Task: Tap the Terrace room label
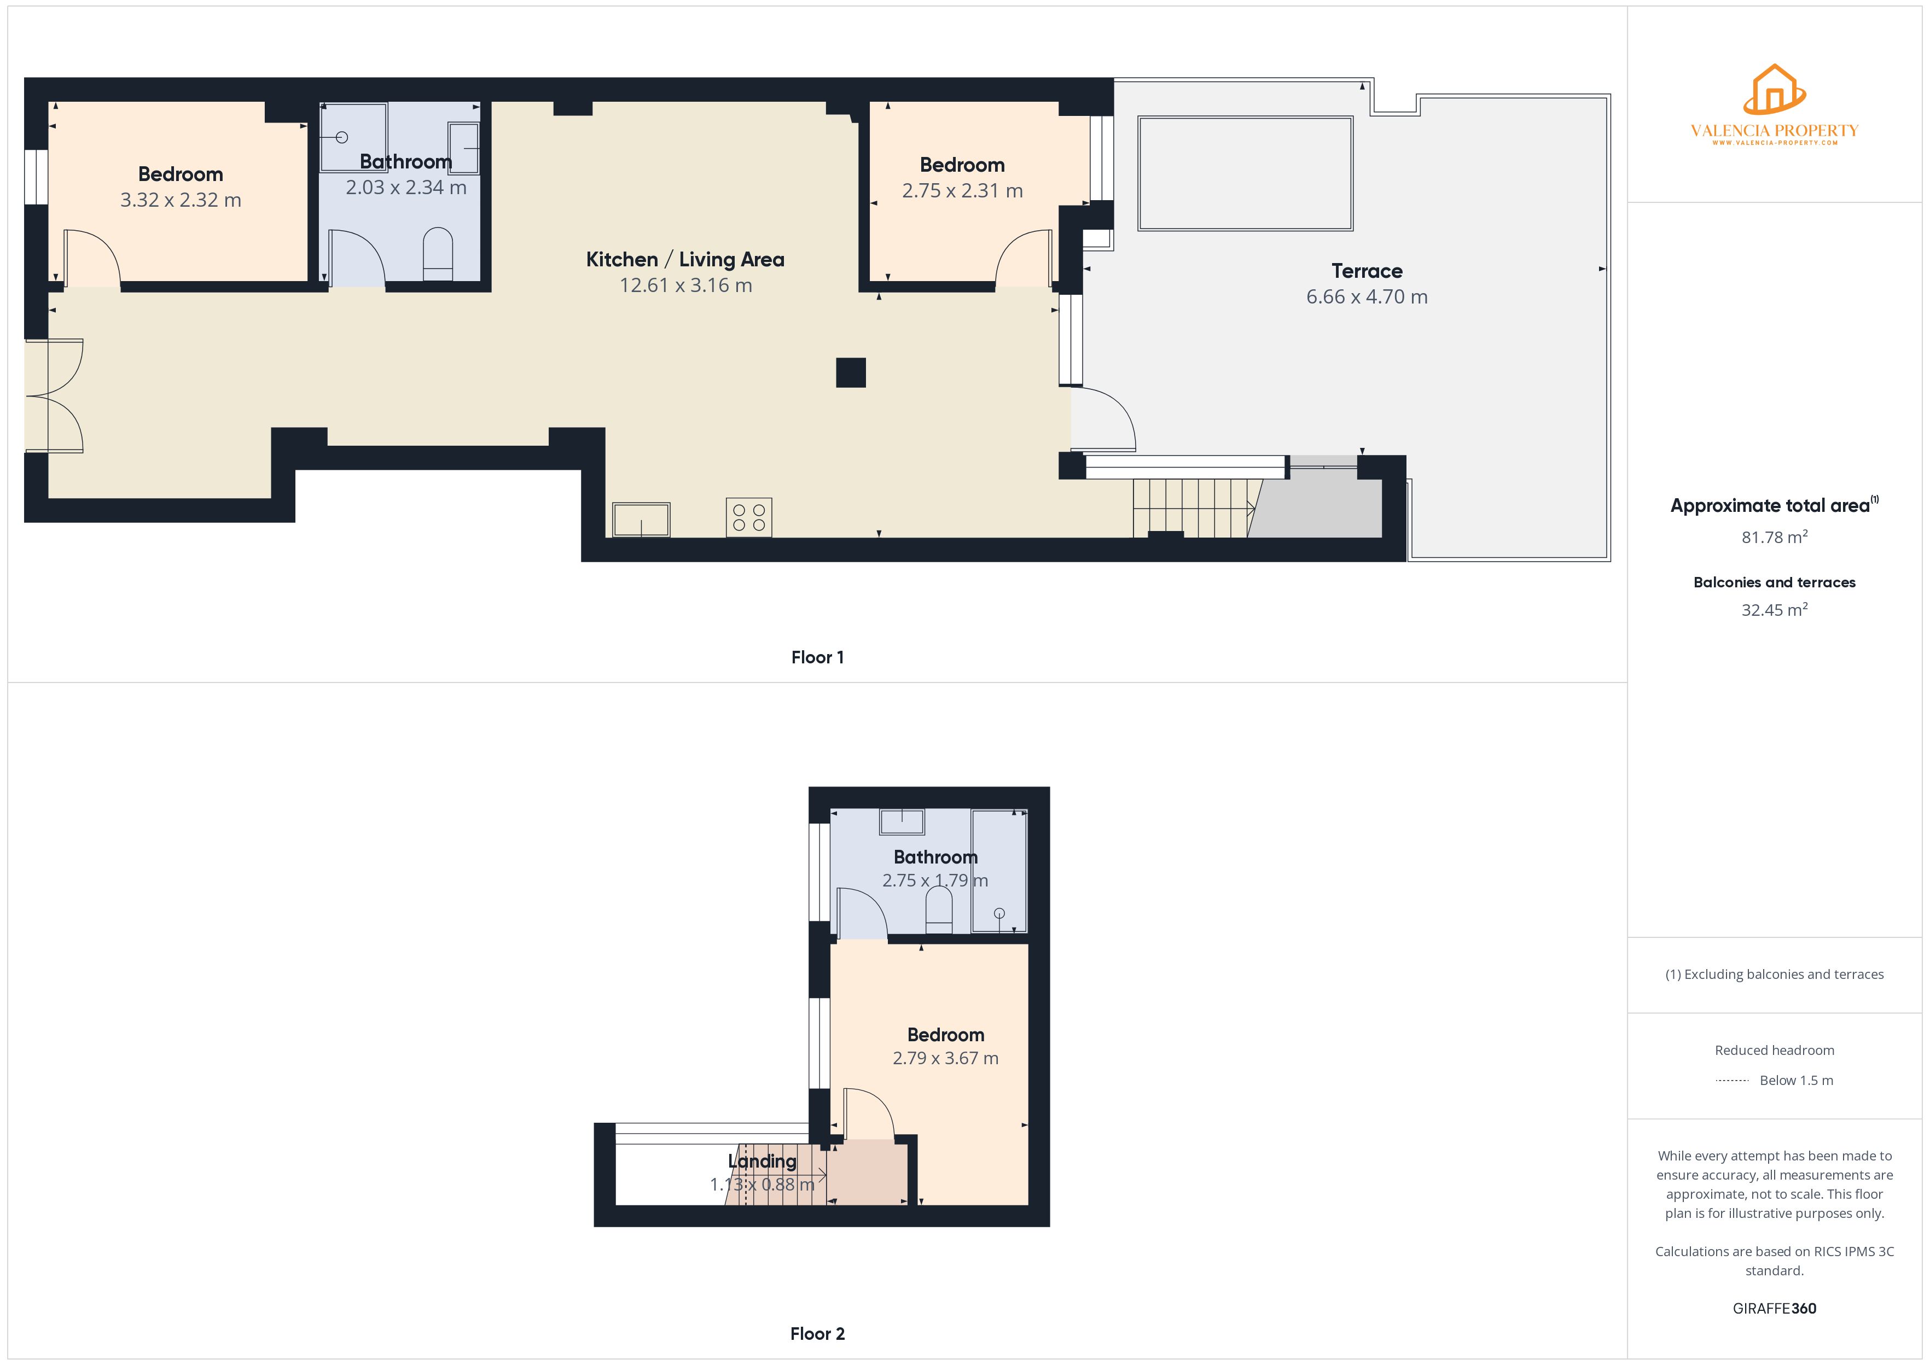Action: [1367, 271]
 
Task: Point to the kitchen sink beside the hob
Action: [641, 520]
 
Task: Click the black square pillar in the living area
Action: [851, 372]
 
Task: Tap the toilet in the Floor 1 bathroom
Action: [437, 254]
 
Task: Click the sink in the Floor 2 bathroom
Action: [902, 821]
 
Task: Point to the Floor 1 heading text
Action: [817, 657]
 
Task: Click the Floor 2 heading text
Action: [817, 1334]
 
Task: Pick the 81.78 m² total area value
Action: [1775, 536]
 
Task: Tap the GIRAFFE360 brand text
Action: [1775, 1309]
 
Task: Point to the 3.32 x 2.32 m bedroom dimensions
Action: [181, 200]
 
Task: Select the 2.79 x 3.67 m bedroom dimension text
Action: [946, 1058]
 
